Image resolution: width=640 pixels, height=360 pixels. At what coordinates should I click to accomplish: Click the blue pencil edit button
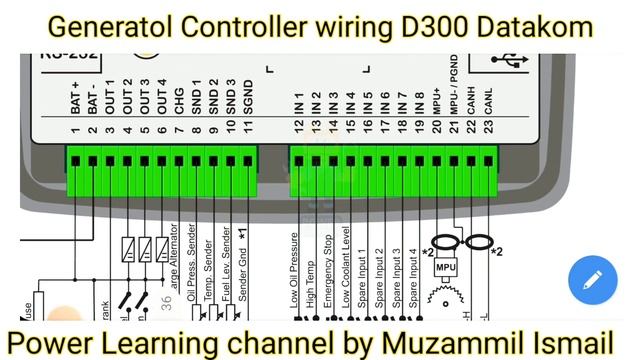point(593,280)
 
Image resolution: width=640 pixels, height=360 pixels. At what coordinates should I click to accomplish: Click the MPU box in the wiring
point(446,269)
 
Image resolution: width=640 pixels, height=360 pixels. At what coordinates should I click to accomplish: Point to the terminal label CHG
point(179,105)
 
